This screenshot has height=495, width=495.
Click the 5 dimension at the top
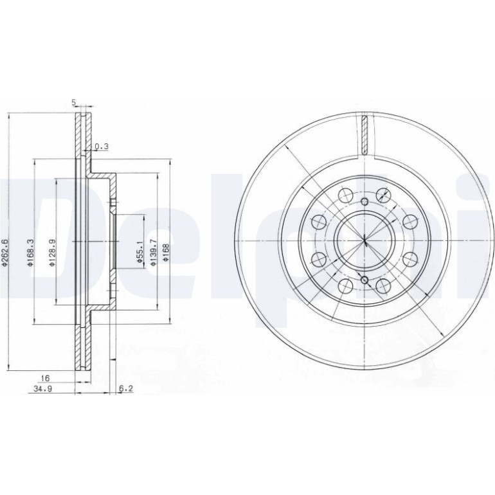73,102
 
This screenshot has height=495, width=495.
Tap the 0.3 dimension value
102,146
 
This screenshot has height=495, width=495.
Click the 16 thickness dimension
46,378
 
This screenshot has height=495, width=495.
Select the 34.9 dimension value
43,389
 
